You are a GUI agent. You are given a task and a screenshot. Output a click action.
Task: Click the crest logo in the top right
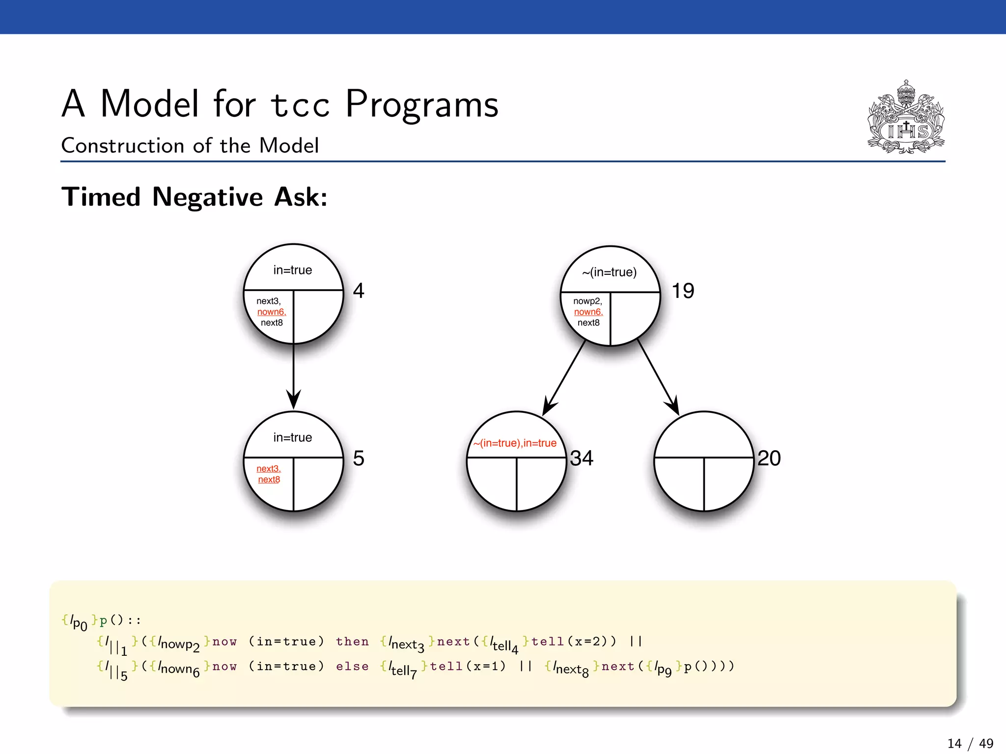click(906, 117)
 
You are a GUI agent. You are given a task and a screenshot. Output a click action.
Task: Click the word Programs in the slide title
click(421, 104)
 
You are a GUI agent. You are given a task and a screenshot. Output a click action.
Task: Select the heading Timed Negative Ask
click(194, 197)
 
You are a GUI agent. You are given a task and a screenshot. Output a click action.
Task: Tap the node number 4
click(359, 291)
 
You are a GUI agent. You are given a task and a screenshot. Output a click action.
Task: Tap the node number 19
click(683, 291)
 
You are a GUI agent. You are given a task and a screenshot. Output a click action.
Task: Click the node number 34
click(582, 458)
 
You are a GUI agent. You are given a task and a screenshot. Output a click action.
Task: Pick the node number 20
click(769, 458)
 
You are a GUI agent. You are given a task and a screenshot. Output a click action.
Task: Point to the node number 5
click(359, 458)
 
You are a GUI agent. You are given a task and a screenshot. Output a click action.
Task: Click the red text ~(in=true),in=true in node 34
click(515, 443)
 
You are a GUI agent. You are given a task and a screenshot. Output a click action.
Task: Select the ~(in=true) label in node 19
click(609, 272)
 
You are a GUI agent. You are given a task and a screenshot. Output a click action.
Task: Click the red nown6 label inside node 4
click(271, 312)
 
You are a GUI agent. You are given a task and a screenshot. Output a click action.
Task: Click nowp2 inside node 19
click(587, 301)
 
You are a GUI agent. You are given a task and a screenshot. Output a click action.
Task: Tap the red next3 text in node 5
click(268, 469)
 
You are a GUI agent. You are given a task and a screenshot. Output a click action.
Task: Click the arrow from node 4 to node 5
click(293, 376)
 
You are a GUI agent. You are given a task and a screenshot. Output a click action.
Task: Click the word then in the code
click(352, 641)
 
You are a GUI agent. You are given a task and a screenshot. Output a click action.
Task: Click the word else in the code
click(352, 666)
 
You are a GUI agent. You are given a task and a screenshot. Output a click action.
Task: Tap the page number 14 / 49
click(970, 743)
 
